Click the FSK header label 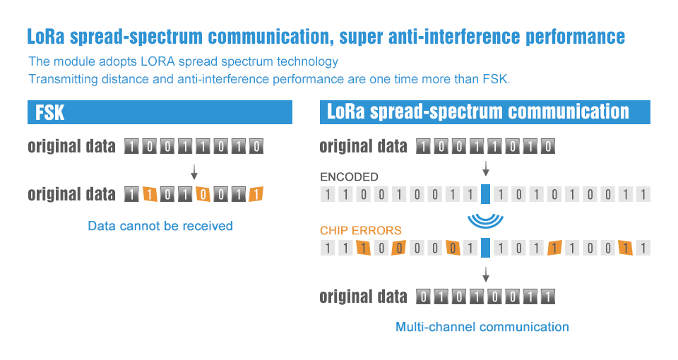[50, 112]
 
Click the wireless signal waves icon [485, 220]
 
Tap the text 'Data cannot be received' [160, 226]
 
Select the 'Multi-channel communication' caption [482, 327]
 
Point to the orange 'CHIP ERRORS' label [361, 230]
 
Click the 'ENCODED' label [349, 177]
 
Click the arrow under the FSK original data [194, 171]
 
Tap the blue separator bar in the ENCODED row [485, 194]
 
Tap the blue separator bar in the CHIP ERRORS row [485, 248]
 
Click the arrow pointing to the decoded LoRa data [485, 273]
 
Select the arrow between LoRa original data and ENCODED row [485, 167]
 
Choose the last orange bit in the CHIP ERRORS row [624, 248]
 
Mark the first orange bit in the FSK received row [149, 194]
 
